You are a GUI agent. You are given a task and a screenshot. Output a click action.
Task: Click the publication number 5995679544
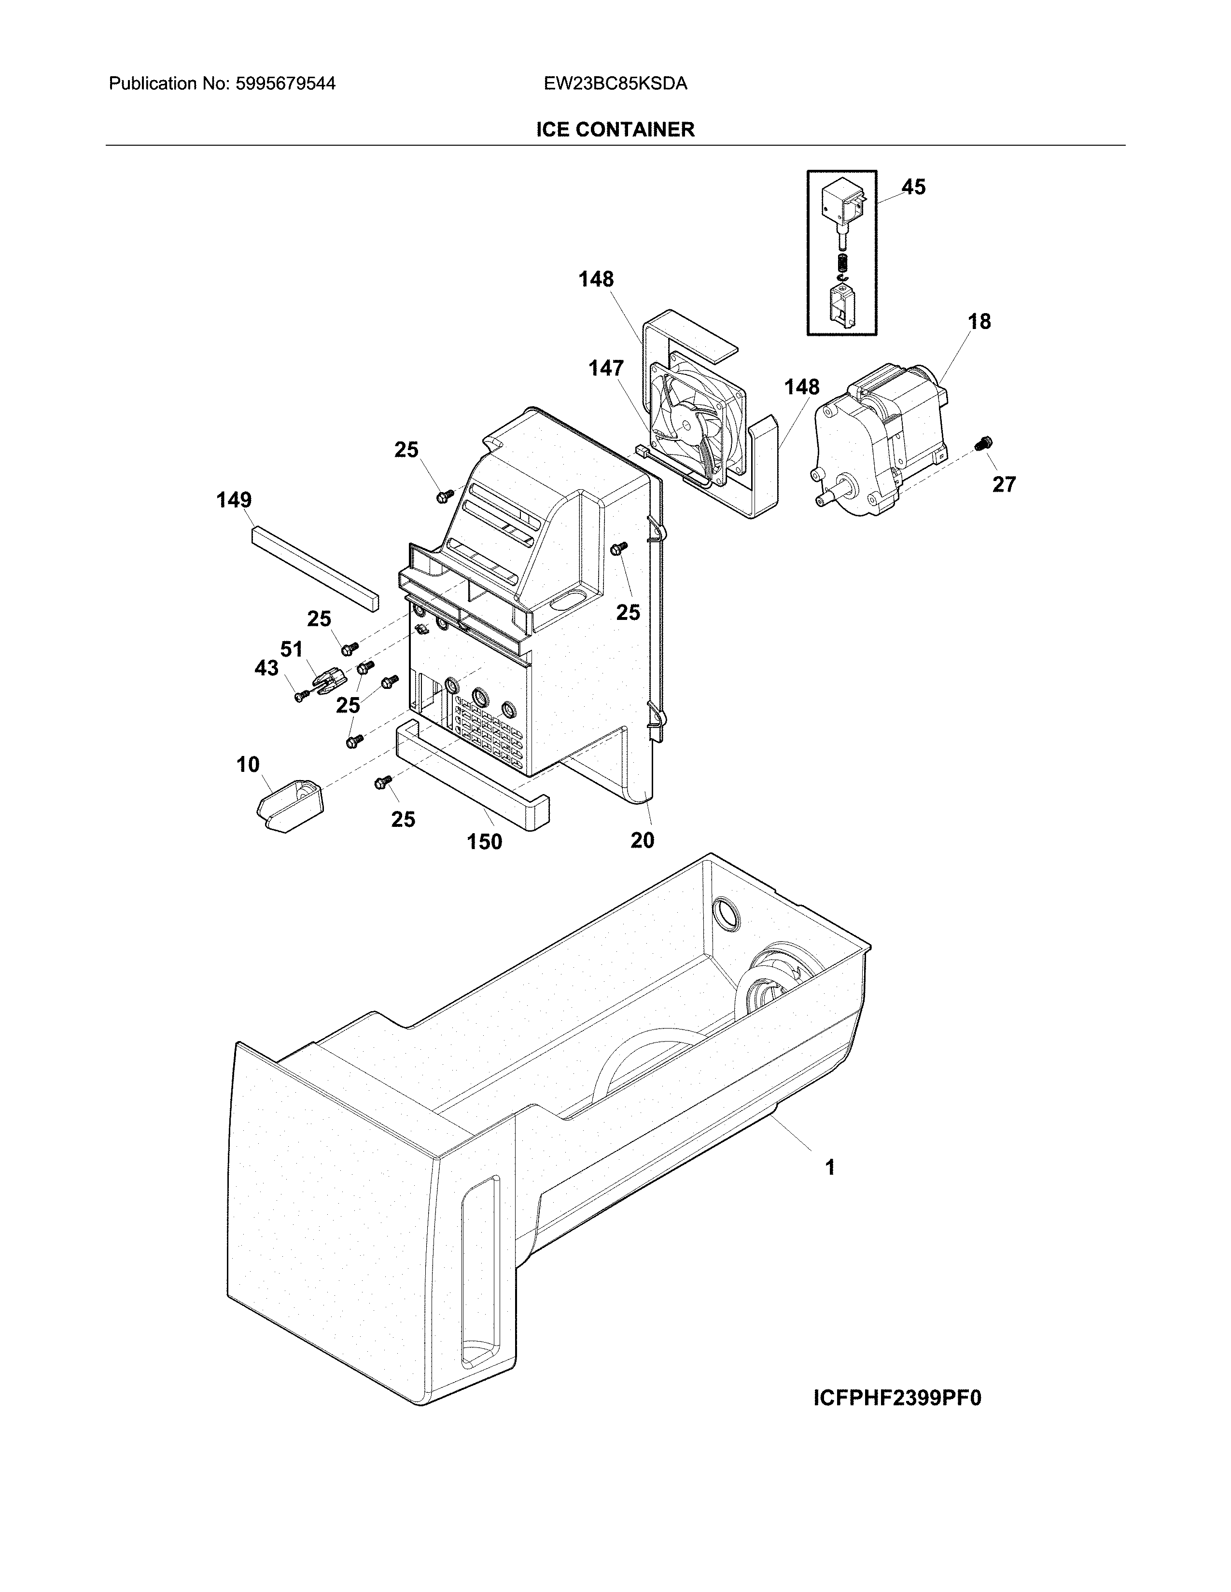click(x=285, y=84)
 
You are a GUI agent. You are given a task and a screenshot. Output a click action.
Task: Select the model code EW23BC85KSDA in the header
click(x=615, y=84)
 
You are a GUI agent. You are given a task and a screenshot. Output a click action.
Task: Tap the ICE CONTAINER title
click(x=615, y=130)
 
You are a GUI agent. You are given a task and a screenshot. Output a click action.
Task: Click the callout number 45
click(x=913, y=187)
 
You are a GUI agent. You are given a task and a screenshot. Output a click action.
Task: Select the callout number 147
click(x=606, y=369)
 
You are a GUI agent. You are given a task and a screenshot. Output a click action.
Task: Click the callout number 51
click(x=291, y=649)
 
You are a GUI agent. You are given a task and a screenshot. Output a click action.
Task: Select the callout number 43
click(x=266, y=668)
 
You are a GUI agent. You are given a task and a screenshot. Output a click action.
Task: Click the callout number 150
click(x=484, y=842)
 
